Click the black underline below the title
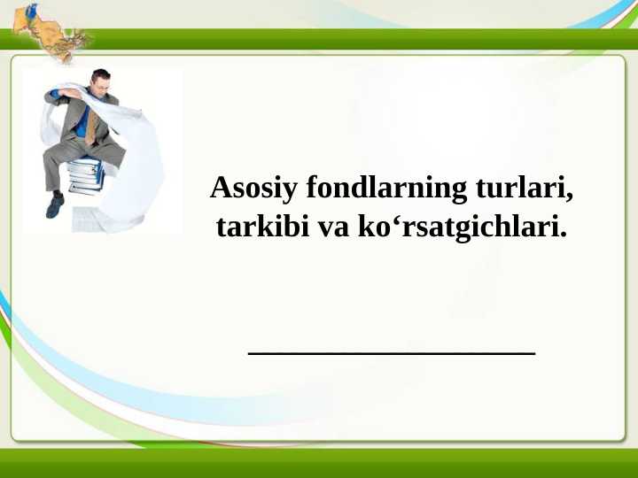392,353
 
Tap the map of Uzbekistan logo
53,35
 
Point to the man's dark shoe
55,205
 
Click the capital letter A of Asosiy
219,189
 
